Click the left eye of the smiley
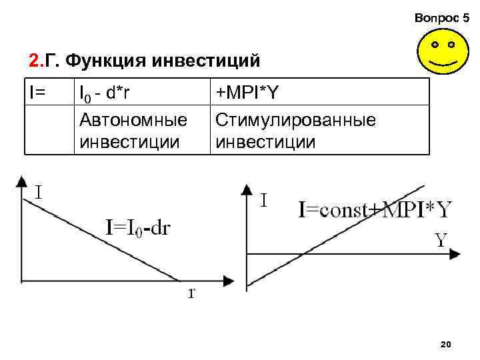[434, 45]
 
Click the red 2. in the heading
[35, 62]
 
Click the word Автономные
[132, 121]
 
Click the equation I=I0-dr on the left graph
[138, 228]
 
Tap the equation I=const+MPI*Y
[375, 210]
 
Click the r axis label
[191, 293]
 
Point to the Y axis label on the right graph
[441, 239]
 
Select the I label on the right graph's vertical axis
[265, 199]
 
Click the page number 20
[447, 344]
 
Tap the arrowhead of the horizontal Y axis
[457, 253]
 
